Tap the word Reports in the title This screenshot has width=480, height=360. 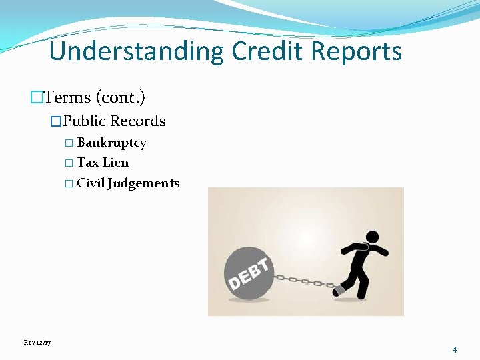coord(361,51)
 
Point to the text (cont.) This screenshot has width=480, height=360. coord(121,97)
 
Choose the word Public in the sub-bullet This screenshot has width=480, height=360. coord(85,121)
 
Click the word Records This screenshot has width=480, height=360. coord(138,121)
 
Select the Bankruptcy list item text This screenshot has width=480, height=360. coord(111,143)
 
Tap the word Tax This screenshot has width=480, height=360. coord(87,163)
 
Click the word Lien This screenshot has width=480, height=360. coord(115,163)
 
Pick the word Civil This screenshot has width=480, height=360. coord(91,183)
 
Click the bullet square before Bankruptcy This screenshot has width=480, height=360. coord(69,143)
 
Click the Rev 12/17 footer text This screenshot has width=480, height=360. coord(37,343)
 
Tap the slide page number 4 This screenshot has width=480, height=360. coord(454,350)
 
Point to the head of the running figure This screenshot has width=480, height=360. coord(371,237)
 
